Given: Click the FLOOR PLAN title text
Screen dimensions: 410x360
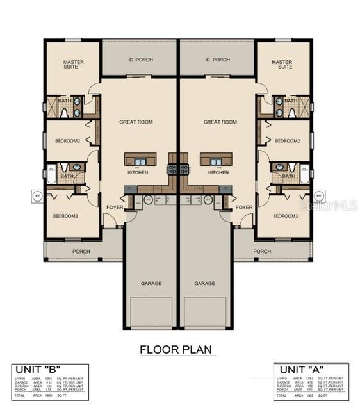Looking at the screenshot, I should point(177,350).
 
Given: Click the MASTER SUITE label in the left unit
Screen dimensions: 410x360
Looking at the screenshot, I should point(74,65).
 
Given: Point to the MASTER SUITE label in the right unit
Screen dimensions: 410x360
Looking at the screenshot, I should point(282,65).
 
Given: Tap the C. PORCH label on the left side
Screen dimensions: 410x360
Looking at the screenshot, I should point(139,60).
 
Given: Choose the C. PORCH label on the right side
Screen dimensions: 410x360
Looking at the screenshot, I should point(218,60).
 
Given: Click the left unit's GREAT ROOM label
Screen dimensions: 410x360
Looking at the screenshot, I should point(136,122).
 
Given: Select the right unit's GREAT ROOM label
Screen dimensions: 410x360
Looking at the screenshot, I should point(220,122).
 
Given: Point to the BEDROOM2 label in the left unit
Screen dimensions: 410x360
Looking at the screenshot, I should point(68,140).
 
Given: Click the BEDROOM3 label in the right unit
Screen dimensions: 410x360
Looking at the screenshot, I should point(286,216).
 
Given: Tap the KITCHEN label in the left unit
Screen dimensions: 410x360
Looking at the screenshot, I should point(137,172).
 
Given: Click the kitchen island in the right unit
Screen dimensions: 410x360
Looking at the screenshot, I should point(216,160).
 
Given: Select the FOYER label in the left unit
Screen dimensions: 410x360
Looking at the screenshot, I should point(115,207).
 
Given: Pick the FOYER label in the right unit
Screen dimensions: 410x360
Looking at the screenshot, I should point(244,207).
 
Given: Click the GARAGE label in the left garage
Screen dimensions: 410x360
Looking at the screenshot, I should point(151,283).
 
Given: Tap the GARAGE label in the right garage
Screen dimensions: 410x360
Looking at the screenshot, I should point(204,283).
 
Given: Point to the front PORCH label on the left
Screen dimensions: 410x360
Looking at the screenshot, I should point(81,252).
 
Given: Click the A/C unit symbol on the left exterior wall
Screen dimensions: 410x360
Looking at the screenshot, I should point(37,196).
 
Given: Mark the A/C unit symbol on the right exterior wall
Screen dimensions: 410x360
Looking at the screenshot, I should point(319,196).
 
